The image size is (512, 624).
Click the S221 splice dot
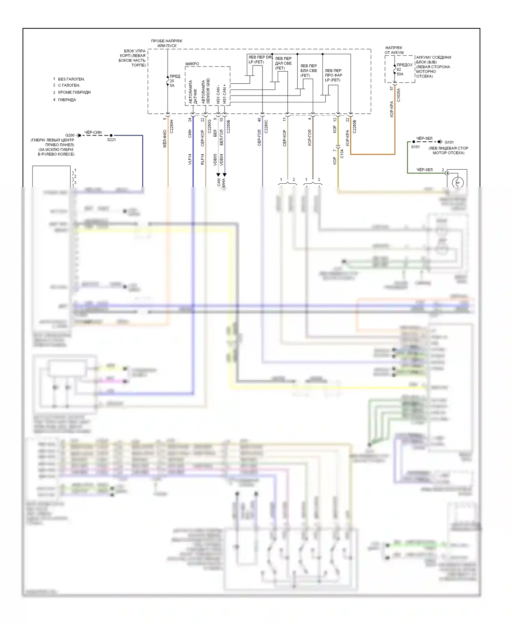coord(111,136)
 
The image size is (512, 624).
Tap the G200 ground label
coord(70,136)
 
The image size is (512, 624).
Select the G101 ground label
coord(449,142)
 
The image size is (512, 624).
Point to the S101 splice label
coord(415,147)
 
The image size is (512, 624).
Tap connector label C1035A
coord(398,95)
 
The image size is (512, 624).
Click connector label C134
coord(342,154)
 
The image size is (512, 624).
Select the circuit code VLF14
coord(190,159)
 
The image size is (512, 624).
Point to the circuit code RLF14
coord(202,159)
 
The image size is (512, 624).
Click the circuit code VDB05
coord(215,159)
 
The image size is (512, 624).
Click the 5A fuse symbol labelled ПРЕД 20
coord(168,81)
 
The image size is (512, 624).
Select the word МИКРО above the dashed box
coord(192,64)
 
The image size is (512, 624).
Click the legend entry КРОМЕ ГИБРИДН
coord(74,93)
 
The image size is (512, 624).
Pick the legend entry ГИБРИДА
coord(67,100)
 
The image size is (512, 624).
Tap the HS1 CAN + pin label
coord(224,94)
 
